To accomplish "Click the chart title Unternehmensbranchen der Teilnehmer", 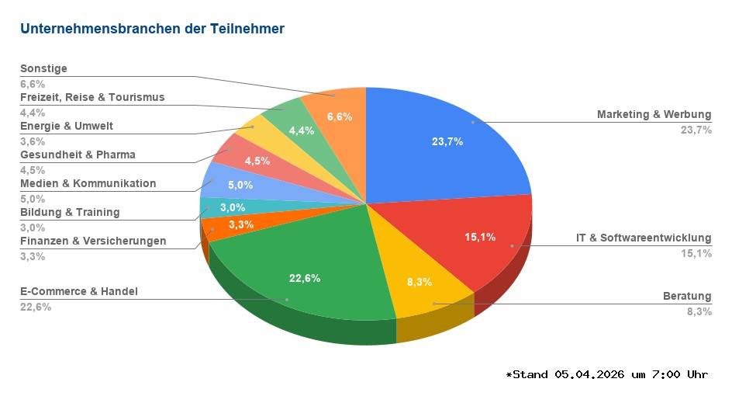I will tap(152, 29).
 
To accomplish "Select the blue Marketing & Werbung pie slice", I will tap(442, 140).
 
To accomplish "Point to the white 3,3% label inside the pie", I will tap(242, 224).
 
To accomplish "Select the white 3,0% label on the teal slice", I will tap(232, 207).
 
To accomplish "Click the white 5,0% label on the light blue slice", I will tap(240, 185).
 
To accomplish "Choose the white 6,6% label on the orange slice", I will tap(340, 116).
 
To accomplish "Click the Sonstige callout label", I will tap(43, 68).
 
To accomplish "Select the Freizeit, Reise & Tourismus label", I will tap(92, 97).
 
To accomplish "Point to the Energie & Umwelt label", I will tap(67, 126).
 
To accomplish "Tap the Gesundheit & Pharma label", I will tap(78, 155).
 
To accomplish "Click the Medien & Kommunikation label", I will tap(88, 183).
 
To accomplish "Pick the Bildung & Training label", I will tap(70, 212).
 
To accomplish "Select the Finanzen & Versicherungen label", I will tap(93, 241).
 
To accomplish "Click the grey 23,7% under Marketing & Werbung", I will tap(696, 130).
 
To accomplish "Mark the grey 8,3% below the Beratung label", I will tap(699, 311).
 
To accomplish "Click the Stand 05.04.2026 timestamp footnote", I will tap(606, 374).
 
